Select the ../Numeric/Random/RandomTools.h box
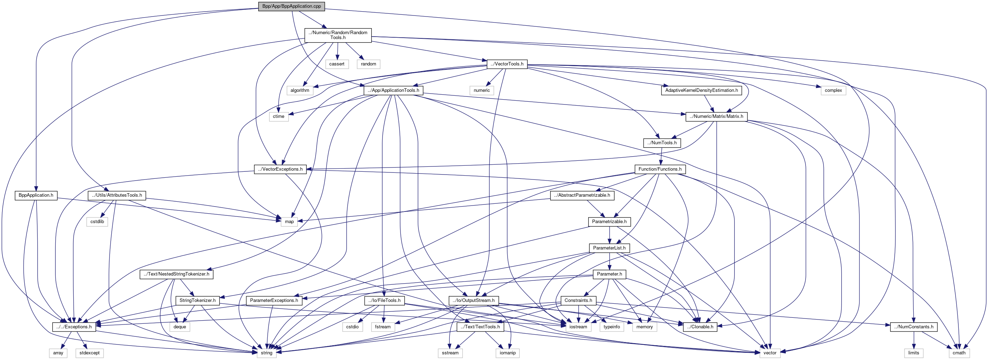click(338, 35)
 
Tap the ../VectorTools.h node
click(507, 64)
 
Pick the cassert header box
click(337, 64)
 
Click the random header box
click(368, 64)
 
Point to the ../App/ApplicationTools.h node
click(393, 90)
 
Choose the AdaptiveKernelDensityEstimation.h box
click(701, 90)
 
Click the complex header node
click(833, 90)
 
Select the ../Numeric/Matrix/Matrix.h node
click(716, 116)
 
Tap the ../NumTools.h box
click(662, 143)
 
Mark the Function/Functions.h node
click(660, 169)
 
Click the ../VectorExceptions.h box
click(280, 169)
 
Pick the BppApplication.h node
click(36, 196)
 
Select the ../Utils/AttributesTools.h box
click(117, 196)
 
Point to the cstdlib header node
click(97, 222)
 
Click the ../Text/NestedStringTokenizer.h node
click(176, 274)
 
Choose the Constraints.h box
click(578, 301)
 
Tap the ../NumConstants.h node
click(914, 327)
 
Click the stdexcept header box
click(90, 353)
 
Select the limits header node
click(914, 353)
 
